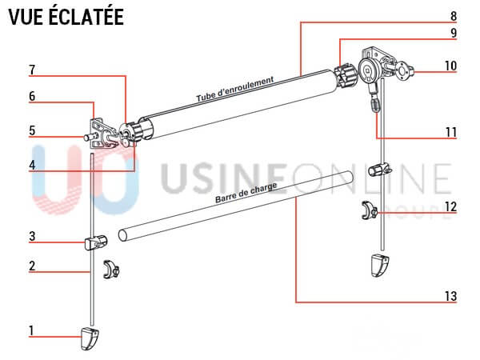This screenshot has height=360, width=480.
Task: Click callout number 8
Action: pyautogui.click(x=454, y=16)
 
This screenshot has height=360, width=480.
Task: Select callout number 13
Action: pyautogui.click(x=450, y=296)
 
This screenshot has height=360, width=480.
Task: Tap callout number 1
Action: pyautogui.click(x=31, y=330)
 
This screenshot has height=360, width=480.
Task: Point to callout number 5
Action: pyautogui.click(x=32, y=130)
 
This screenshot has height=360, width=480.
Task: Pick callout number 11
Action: pyautogui.click(x=450, y=132)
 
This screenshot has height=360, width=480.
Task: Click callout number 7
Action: pyautogui.click(x=32, y=70)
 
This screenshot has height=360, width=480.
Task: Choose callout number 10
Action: pyautogui.click(x=450, y=66)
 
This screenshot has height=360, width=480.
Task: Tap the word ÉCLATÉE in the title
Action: pyautogui.click(x=86, y=17)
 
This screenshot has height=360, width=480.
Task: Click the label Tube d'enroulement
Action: pyautogui.click(x=234, y=90)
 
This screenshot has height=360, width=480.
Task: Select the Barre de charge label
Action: pyautogui.click(x=246, y=193)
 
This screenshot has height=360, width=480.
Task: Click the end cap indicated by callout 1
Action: pyautogui.click(x=90, y=338)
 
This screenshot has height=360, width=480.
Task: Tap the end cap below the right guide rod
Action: pyautogui.click(x=380, y=266)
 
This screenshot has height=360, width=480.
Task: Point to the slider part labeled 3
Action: pyautogui.click(x=96, y=242)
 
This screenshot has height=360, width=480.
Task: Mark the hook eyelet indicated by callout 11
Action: pyautogui.click(x=375, y=103)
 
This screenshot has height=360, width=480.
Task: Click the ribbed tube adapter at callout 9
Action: pyautogui.click(x=346, y=76)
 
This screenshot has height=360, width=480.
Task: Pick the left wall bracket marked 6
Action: pyautogui.click(x=98, y=134)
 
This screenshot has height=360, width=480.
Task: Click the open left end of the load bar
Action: pyautogui.click(x=122, y=235)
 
